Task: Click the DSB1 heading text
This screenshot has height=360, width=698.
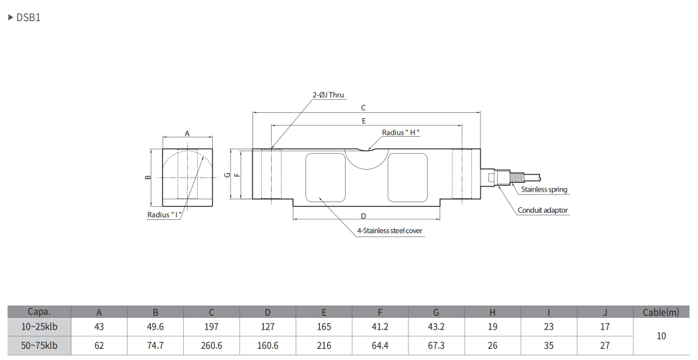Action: [x=28, y=18]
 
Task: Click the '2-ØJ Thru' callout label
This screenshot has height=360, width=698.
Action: [x=329, y=95]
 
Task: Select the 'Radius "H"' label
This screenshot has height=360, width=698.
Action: [x=401, y=133]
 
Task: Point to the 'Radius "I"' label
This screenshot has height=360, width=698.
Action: [x=165, y=215]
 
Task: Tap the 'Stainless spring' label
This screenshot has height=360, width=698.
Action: [x=543, y=190]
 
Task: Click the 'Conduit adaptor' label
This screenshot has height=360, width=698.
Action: [x=542, y=210]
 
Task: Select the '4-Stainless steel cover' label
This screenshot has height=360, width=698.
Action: [x=389, y=231]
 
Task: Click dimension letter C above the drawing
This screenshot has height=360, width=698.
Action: [x=363, y=107]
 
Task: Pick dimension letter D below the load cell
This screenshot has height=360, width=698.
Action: [x=363, y=216]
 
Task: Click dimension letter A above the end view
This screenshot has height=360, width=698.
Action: [x=187, y=133]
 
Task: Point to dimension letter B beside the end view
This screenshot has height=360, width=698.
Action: [x=149, y=177]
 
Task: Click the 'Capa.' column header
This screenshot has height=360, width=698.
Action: [x=39, y=312]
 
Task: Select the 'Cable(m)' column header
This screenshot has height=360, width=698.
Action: [x=660, y=312]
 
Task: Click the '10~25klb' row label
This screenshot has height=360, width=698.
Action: [x=39, y=327]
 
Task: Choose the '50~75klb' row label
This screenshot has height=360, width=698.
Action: [x=39, y=345]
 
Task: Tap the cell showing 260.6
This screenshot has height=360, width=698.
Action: [x=211, y=345]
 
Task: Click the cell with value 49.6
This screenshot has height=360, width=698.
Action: [x=155, y=327]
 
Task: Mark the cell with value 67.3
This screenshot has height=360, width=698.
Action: [x=436, y=345]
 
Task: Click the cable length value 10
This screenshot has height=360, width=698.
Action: [x=660, y=336]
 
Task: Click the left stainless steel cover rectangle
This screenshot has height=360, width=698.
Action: [x=325, y=176]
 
